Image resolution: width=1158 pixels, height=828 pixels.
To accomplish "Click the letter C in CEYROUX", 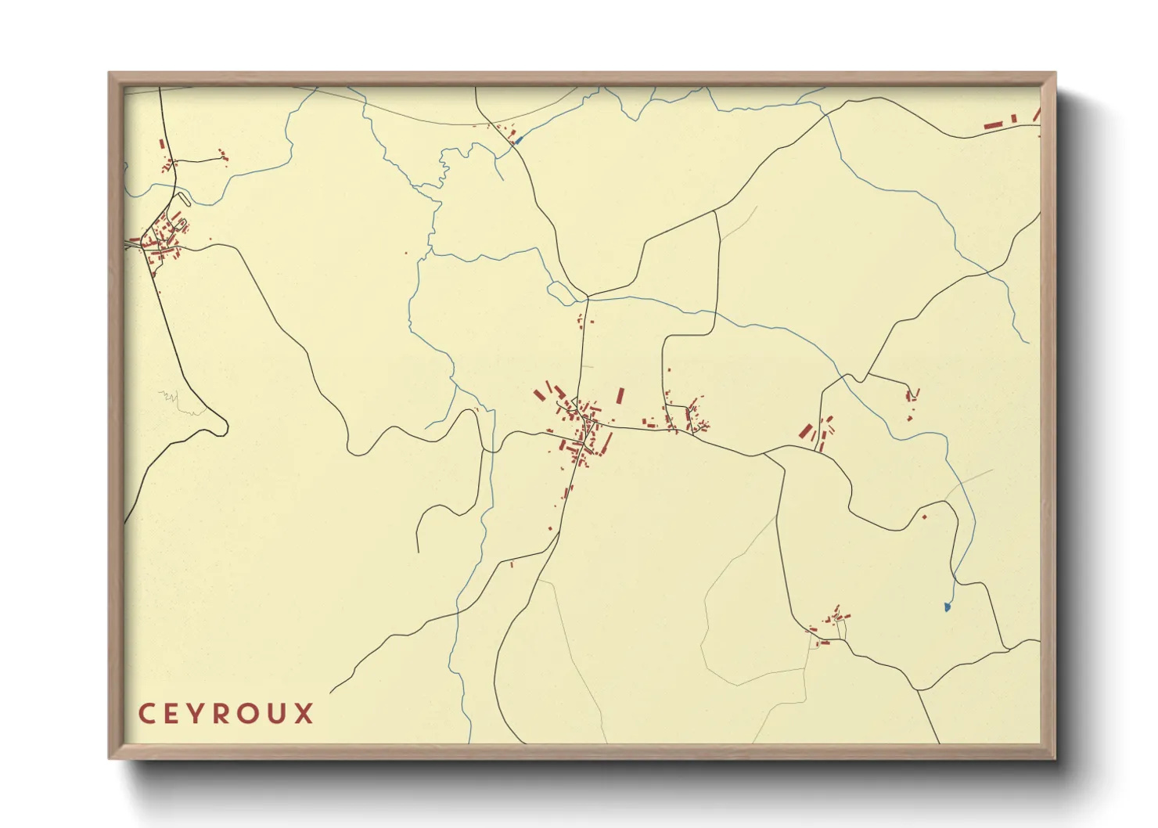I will click(146, 714).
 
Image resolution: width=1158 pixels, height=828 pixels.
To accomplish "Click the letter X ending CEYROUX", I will click(304, 714).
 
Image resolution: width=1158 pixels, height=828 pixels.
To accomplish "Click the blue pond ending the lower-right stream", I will click(948, 607).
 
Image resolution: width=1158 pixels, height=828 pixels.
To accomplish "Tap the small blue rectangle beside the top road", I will click(517, 141).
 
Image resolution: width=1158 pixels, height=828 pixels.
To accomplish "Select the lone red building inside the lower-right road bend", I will click(924, 516).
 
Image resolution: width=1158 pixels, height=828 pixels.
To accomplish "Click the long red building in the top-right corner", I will click(993, 124).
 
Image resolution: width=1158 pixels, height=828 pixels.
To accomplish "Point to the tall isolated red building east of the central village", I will click(620, 395).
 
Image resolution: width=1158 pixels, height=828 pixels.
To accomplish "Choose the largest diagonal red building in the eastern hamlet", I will click(805, 430).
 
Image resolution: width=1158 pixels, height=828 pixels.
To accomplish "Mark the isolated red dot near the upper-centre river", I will click(406, 252).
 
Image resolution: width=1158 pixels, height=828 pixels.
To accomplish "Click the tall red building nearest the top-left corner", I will click(162, 144).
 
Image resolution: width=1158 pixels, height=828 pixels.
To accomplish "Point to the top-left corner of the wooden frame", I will click(110, 73).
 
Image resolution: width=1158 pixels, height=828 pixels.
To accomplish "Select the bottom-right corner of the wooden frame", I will click(1055, 758).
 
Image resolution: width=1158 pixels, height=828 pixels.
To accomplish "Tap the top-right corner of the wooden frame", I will click(1055, 73).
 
